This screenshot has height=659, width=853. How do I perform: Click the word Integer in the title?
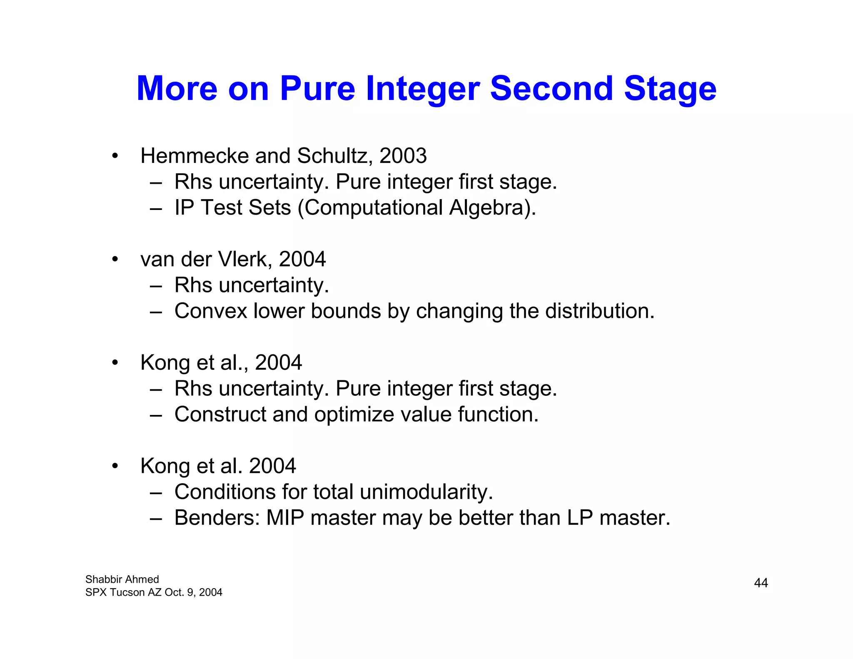click(423, 89)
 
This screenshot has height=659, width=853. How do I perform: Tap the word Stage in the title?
click(670, 89)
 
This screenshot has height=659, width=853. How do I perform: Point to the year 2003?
click(403, 156)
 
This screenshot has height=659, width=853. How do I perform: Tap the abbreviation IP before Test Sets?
click(184, 207)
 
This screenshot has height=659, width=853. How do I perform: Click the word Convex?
click(211, 311)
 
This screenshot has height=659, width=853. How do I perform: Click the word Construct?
click(220, 414)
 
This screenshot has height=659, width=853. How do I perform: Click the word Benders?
click(217, 518)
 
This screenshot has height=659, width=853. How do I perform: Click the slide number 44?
click(761, 583)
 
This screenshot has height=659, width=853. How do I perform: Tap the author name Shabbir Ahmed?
click(122, 579)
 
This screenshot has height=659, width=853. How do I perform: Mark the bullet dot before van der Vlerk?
click(115, 260)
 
